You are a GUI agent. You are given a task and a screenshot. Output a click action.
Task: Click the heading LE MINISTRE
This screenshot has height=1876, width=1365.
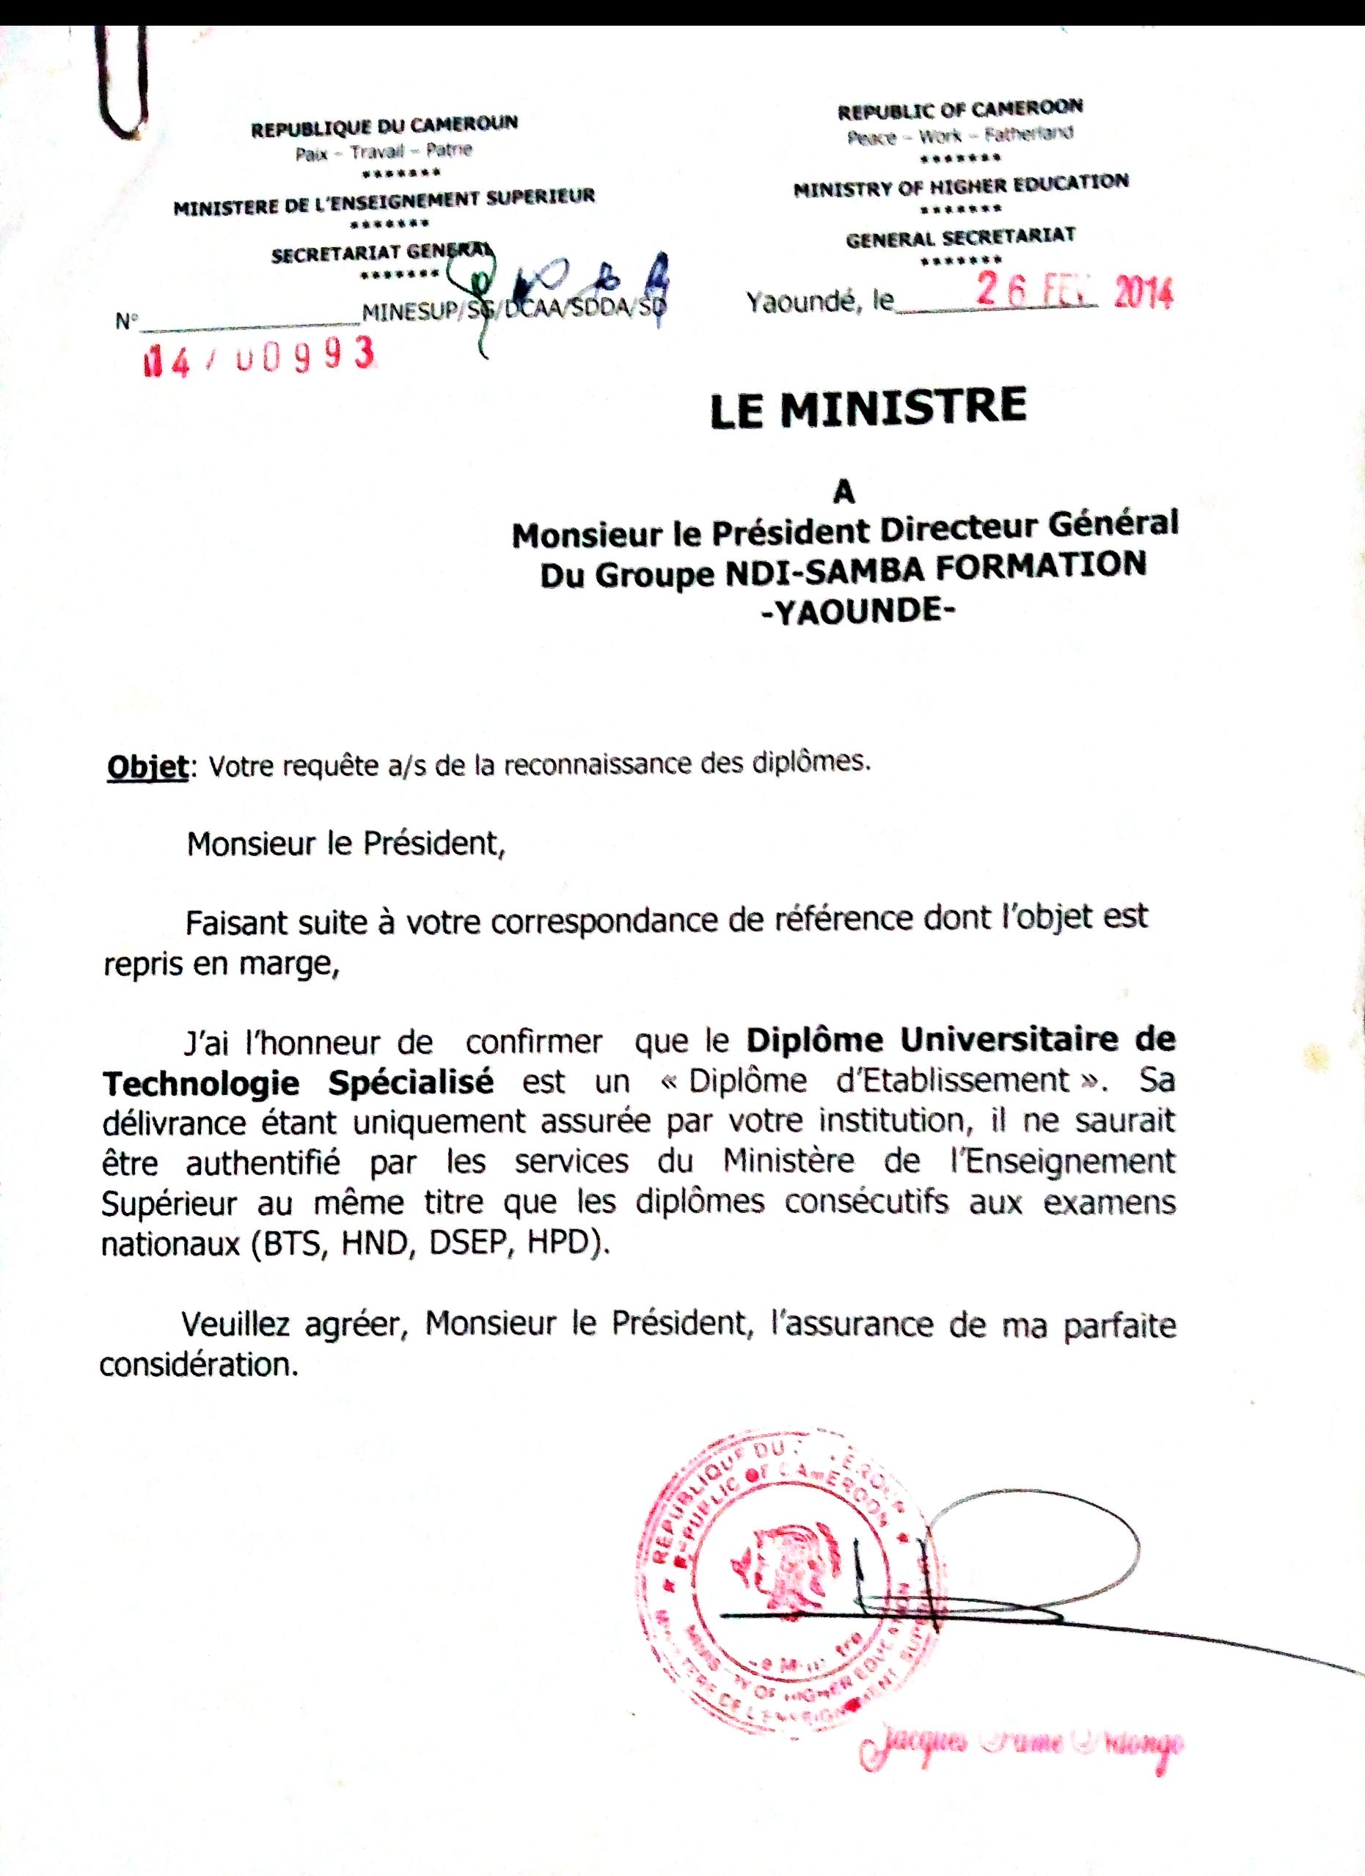click(x=868, y=408)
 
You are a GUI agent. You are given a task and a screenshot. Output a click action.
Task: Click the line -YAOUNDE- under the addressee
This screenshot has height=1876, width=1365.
click(x=856, y=612)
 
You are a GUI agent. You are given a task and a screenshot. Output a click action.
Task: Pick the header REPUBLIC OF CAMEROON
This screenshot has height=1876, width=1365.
click(x=959, y=109)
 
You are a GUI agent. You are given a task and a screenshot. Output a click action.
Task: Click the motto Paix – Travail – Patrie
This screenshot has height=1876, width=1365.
click(x=384, y=153)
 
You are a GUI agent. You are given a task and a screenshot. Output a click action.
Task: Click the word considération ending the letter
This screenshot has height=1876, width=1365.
click(x=199, y=1364)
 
